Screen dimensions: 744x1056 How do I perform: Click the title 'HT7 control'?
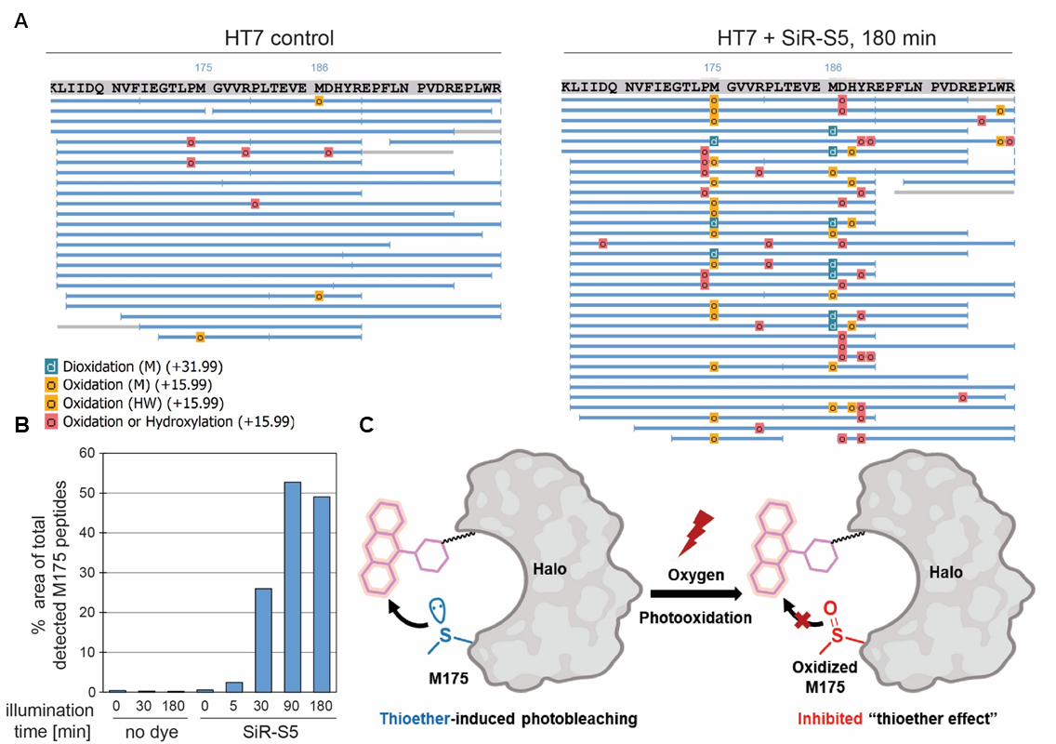279,38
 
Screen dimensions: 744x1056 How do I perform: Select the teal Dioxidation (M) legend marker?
51,366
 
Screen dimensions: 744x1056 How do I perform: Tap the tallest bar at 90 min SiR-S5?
292,587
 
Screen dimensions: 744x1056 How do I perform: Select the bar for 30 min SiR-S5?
263,640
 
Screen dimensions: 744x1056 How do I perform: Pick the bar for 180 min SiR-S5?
321,594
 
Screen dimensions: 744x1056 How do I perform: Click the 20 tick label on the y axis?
88,612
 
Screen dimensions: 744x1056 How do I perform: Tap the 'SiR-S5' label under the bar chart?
263,731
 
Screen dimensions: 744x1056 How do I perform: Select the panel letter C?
367,425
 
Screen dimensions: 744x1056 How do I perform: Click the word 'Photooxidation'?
695,618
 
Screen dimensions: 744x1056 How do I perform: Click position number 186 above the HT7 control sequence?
320,68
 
